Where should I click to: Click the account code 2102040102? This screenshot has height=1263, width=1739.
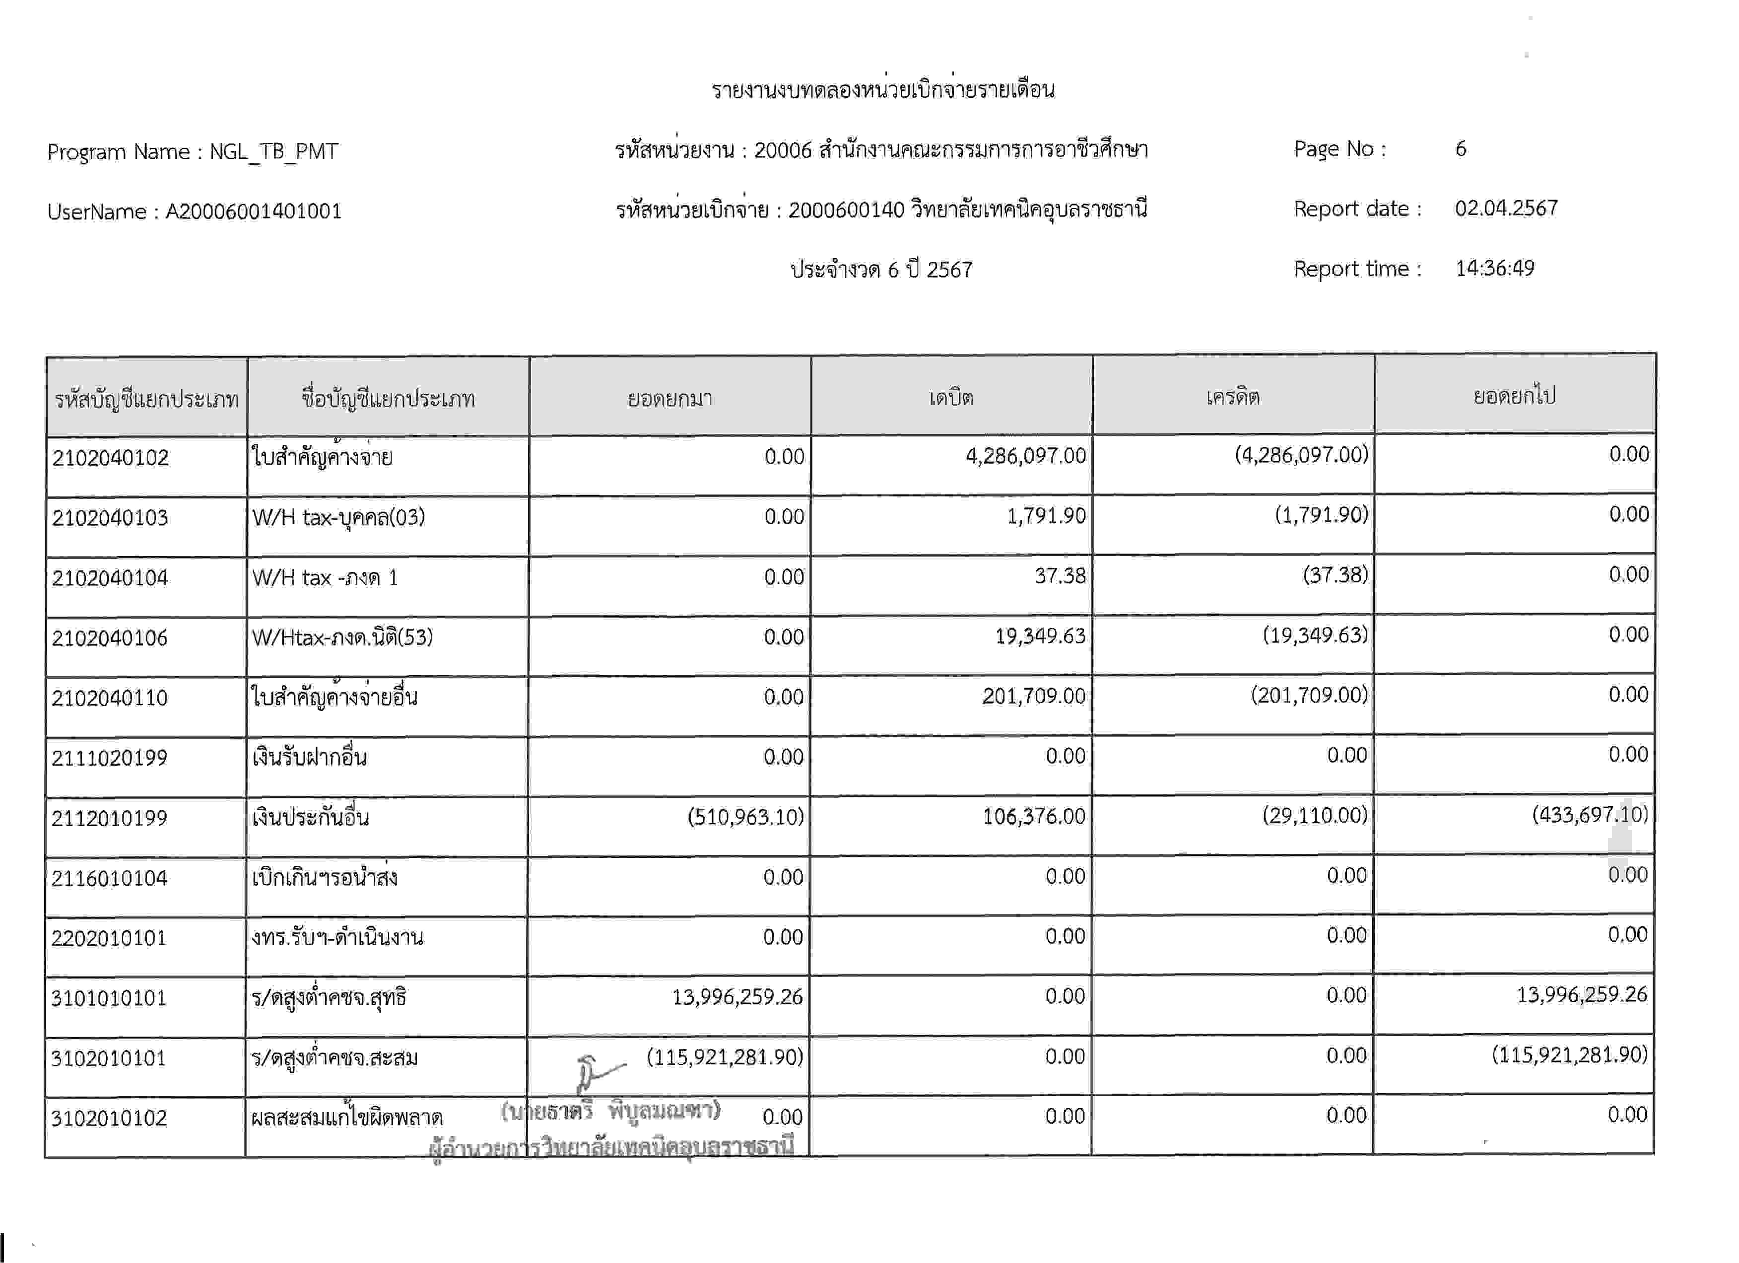110,458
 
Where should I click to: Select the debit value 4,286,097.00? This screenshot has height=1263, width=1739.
1025,456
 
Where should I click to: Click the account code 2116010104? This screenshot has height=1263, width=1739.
109,878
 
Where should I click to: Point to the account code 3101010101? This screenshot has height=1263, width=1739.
108,998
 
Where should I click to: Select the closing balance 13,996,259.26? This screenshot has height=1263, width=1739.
1581,994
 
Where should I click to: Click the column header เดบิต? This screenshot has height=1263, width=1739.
951,397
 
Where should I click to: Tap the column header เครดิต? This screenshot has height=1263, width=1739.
1232,397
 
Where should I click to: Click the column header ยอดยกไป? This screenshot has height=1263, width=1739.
1514,396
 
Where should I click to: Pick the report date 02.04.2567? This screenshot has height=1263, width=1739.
1506,209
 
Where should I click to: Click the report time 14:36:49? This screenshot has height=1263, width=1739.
1494,269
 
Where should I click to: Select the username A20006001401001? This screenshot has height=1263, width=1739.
253,211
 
